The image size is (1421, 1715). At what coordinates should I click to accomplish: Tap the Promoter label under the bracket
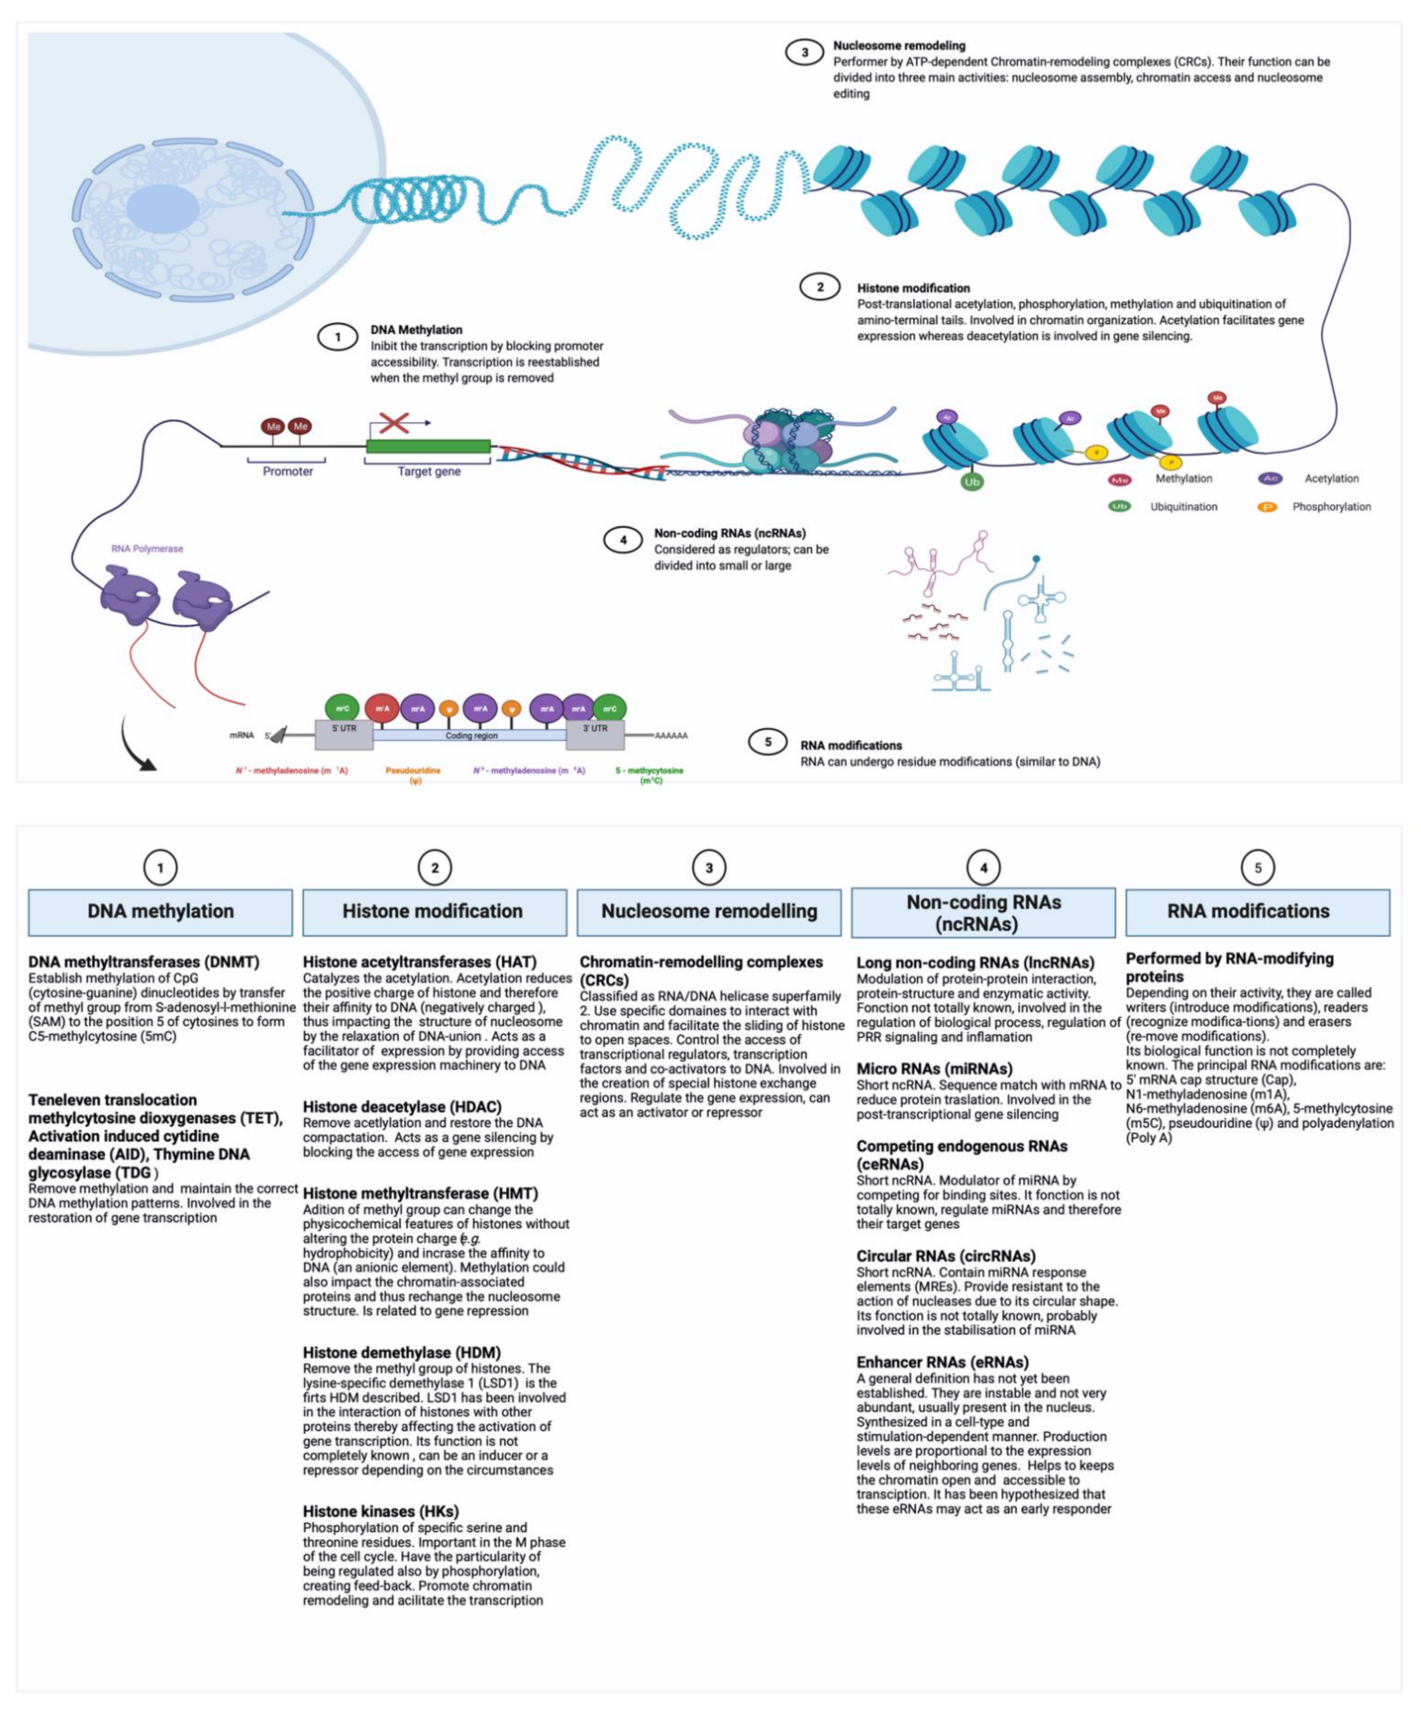coord(287,471)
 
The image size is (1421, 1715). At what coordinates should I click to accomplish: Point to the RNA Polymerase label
coord(147,549)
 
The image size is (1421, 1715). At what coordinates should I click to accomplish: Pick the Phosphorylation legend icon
coord(1267,507)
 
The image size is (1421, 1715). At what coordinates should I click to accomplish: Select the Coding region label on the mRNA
coord(471,736)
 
